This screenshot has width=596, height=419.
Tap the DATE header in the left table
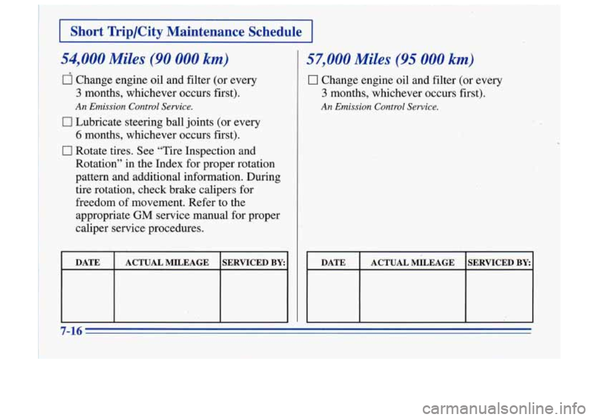click(88, 263)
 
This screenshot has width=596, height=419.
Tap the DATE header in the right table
click(333, 263)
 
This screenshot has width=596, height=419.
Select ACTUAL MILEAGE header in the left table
click(167, 263)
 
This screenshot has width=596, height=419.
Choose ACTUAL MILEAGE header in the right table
click(413, 263)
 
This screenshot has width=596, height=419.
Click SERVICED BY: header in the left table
click(253, 263)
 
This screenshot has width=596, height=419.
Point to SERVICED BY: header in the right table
click(499, 263)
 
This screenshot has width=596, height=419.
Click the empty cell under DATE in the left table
click(88, 297)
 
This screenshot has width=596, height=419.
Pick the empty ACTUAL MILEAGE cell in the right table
click(413, 297)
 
